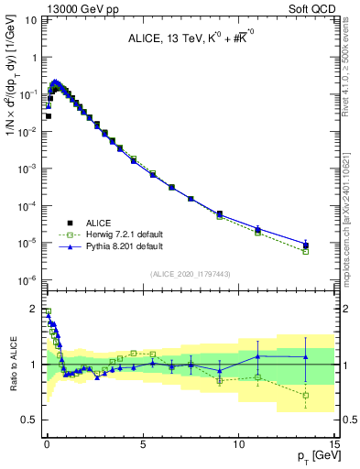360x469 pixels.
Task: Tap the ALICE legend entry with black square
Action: coord(98,223)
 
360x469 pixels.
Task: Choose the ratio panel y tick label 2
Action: coord(34,309)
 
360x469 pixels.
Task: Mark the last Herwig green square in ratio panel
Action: coord(306,396)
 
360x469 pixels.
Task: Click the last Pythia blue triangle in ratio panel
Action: coord(306,356)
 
